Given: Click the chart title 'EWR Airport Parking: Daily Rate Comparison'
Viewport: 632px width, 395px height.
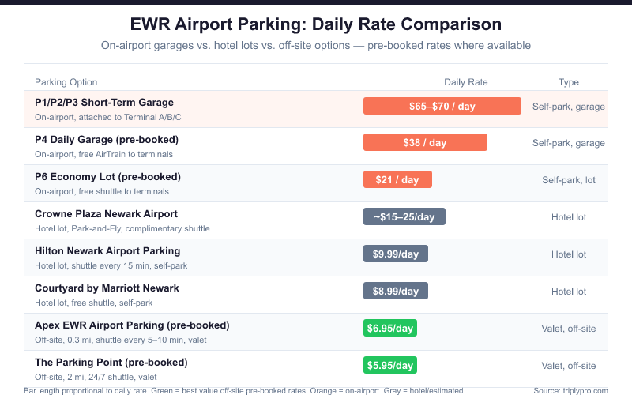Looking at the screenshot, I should [316, 24].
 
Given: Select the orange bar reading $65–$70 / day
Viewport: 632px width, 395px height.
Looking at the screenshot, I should [442, 106].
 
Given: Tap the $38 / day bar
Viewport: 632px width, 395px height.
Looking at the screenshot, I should [425, 143].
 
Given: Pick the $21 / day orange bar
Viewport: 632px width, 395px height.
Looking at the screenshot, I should [397, 180].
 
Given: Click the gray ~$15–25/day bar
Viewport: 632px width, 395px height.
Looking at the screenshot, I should [404, 217].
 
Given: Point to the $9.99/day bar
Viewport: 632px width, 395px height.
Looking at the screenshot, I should [396, 254].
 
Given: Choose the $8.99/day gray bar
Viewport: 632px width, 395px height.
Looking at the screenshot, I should [396, 292].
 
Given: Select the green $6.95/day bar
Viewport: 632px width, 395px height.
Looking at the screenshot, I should [390, 328].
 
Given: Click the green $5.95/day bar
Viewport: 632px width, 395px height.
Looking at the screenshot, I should [390, 365].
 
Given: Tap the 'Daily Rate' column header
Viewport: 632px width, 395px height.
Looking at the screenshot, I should [466, 82].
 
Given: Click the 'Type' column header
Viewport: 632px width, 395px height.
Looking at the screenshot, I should [569, 82].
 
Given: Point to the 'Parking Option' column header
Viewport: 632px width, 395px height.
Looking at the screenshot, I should [66, 82].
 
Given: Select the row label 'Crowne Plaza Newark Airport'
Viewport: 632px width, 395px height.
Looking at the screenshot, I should [106, 213].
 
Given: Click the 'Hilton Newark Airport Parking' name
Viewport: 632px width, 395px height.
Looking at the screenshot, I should [107, 250].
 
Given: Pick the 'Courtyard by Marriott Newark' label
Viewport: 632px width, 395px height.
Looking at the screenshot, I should [107, 288].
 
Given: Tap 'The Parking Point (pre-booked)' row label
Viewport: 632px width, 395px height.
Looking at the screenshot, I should [111, 362].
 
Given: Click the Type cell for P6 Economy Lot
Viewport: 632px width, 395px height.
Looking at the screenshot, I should [569, 180].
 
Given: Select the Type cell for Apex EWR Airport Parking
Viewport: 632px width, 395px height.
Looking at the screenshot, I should [569, 329].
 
